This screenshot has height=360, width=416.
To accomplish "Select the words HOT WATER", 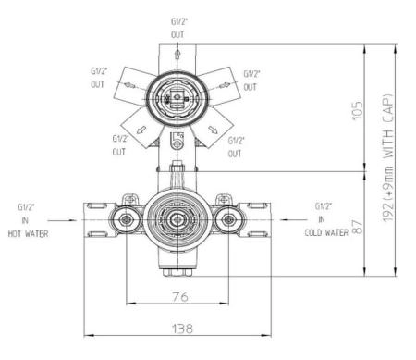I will [27, 234].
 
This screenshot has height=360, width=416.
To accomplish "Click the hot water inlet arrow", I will [70, 220].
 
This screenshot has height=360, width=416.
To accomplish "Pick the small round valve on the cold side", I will [226, 220].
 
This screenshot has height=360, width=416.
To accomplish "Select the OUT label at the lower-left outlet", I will [118, 151].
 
